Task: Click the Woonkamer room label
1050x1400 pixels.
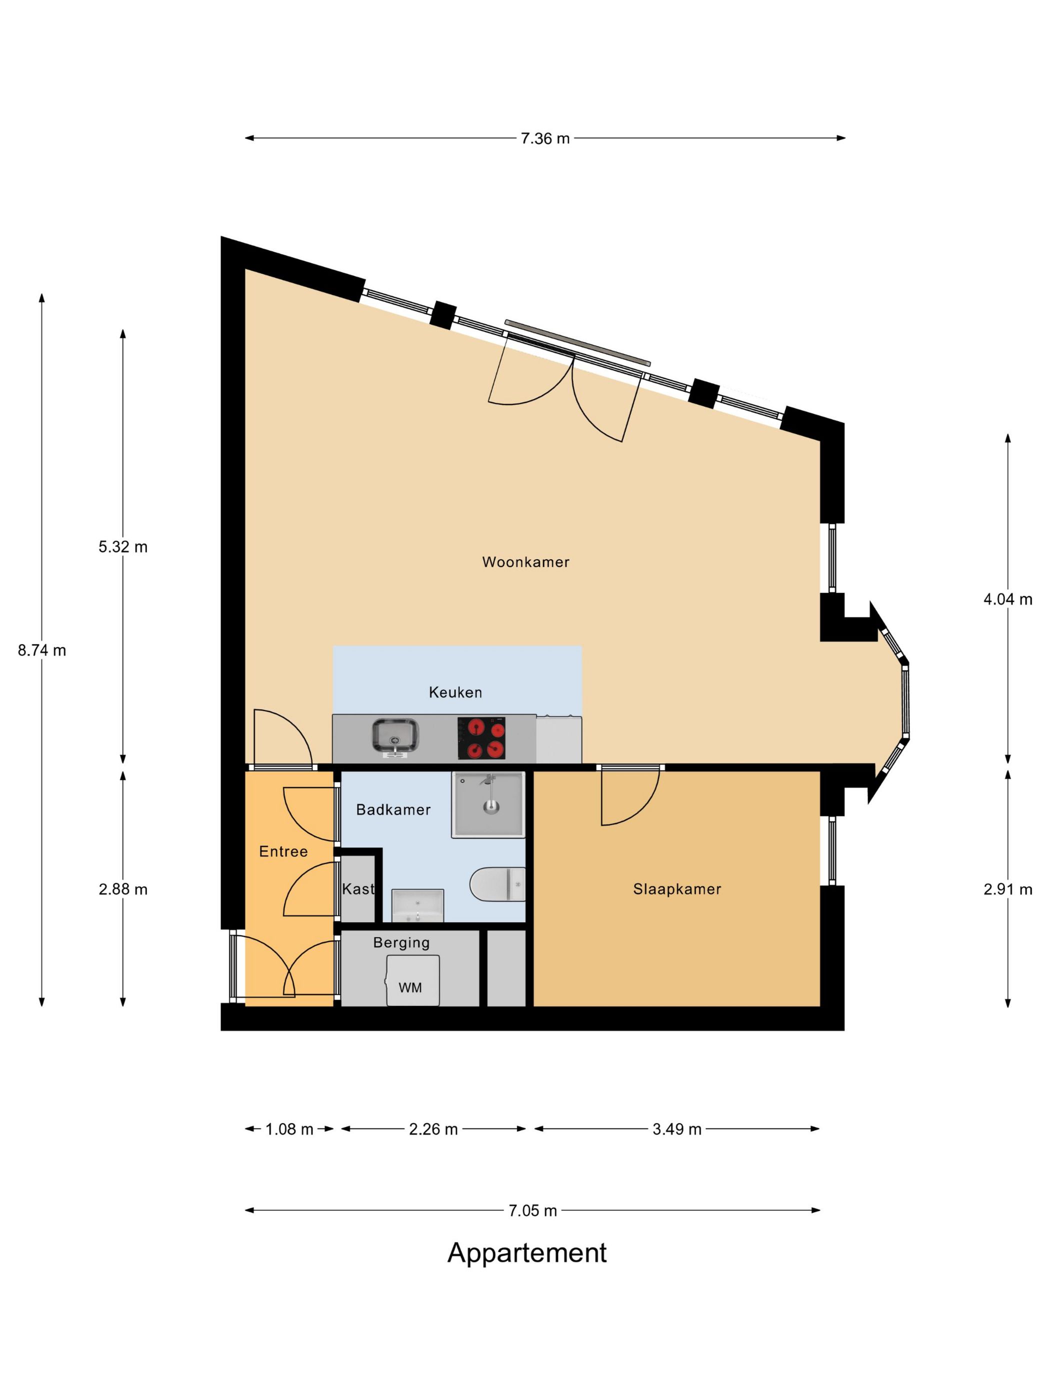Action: click(525, 561)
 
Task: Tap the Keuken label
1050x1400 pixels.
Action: click(455, 692)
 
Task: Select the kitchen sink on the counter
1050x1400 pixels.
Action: click(395, 736)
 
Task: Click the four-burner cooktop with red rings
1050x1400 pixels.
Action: click(481, 738)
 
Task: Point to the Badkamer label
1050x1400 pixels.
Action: click(393, 809)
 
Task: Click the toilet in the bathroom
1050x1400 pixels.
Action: click(497, 884)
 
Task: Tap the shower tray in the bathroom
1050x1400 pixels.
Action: click(488, 804)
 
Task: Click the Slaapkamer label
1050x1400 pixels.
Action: click(676, 888)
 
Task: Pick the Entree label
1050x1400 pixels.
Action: click(283, 851)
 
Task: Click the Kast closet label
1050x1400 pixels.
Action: click(357, 888)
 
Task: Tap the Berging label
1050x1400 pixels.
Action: click(401, 942)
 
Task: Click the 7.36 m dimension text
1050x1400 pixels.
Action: click(545, 138)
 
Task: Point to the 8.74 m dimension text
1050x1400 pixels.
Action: click(42, 650)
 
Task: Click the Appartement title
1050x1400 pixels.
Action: click(526, 1253)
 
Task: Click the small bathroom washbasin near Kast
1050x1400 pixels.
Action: click(417, 905)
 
